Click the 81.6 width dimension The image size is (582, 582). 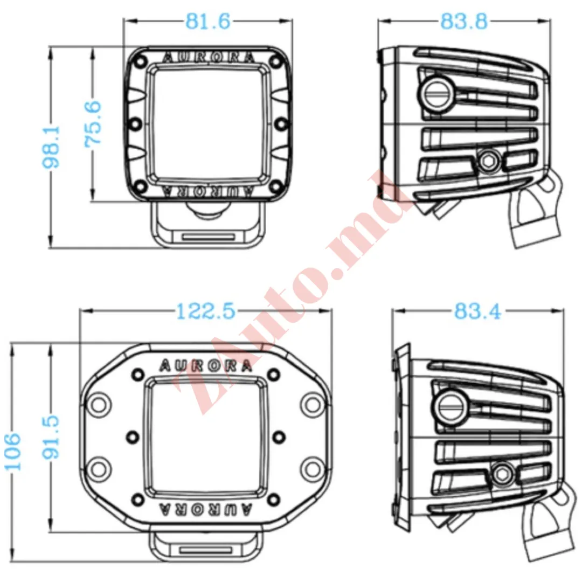click(208, 21)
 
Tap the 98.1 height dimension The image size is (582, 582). click(51, 147)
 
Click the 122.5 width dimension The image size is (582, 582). click(206, 311)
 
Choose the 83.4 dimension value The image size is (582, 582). click(477, 311)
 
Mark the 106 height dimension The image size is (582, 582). click(12, 452)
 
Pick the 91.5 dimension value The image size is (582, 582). click(51, 437)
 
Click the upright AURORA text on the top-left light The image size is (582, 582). click(209, 58)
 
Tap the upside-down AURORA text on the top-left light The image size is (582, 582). click(209, 191)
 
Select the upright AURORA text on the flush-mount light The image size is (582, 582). click(206, 366)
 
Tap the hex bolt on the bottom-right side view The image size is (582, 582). click(502, 473)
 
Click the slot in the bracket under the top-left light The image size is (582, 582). click(208, 237)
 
